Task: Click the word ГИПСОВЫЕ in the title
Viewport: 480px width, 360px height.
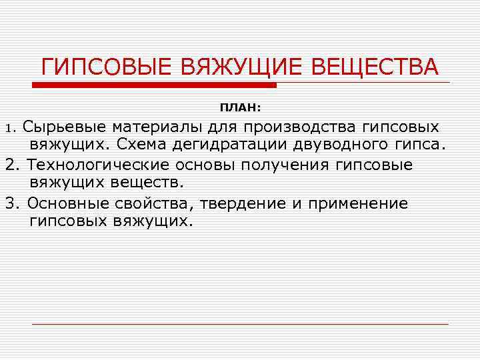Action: click(x=97, y=67)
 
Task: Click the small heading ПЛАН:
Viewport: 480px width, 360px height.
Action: click(x=241, y=107)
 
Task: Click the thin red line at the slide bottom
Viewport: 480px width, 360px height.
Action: click(x=240, y=324)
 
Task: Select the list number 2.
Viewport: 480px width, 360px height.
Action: click(x=9, y=165)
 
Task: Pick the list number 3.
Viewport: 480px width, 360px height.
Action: click(x=9, y=203)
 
